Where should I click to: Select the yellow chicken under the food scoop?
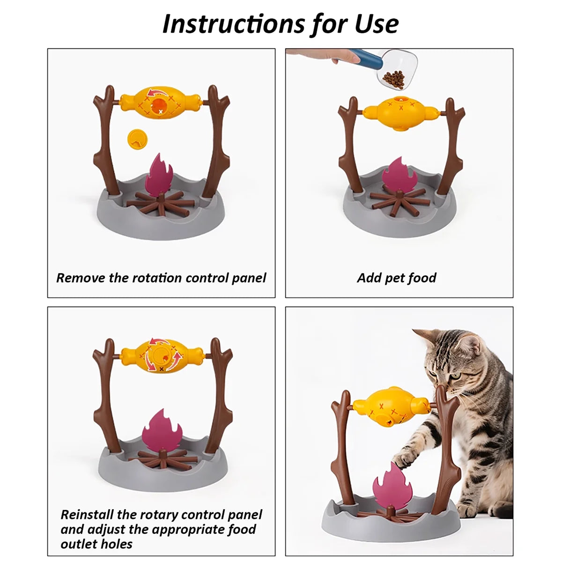401,112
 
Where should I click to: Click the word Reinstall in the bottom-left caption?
87,515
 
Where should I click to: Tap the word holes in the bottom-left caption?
117,544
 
